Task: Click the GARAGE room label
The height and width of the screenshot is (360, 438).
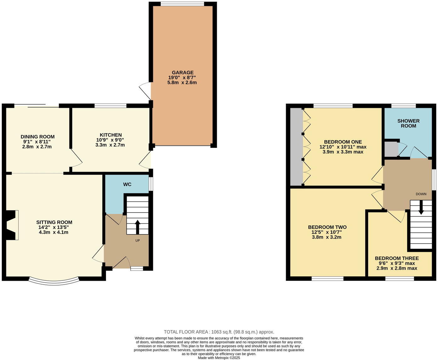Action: tap(182, 73)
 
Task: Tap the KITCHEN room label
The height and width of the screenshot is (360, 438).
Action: tap(110, 135)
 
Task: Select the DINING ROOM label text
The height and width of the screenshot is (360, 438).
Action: tap(37, 137)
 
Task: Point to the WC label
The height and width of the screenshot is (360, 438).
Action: tap(127, 184)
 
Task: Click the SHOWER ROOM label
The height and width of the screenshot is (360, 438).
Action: tap(408, 123)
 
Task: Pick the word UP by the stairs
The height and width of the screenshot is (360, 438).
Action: tap(138, 241)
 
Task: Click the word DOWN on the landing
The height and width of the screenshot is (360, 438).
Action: tap(421, 194)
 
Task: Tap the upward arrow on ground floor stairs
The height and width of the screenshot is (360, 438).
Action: tap(138, 226)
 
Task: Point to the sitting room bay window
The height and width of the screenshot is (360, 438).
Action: tap(54, 281)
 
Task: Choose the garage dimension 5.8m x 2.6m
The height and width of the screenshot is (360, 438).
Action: tap(182, 83)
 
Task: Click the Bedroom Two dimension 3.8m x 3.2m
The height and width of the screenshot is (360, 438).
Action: tap(327, 237)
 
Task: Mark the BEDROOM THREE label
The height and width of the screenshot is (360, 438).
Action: tap(397, 258)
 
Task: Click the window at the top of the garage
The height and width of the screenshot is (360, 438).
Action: tap(182, 4)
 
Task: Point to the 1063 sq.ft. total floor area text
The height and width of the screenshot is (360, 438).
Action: tap(219, 332)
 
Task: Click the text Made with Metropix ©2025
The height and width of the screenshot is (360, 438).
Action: tap(219, 358)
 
